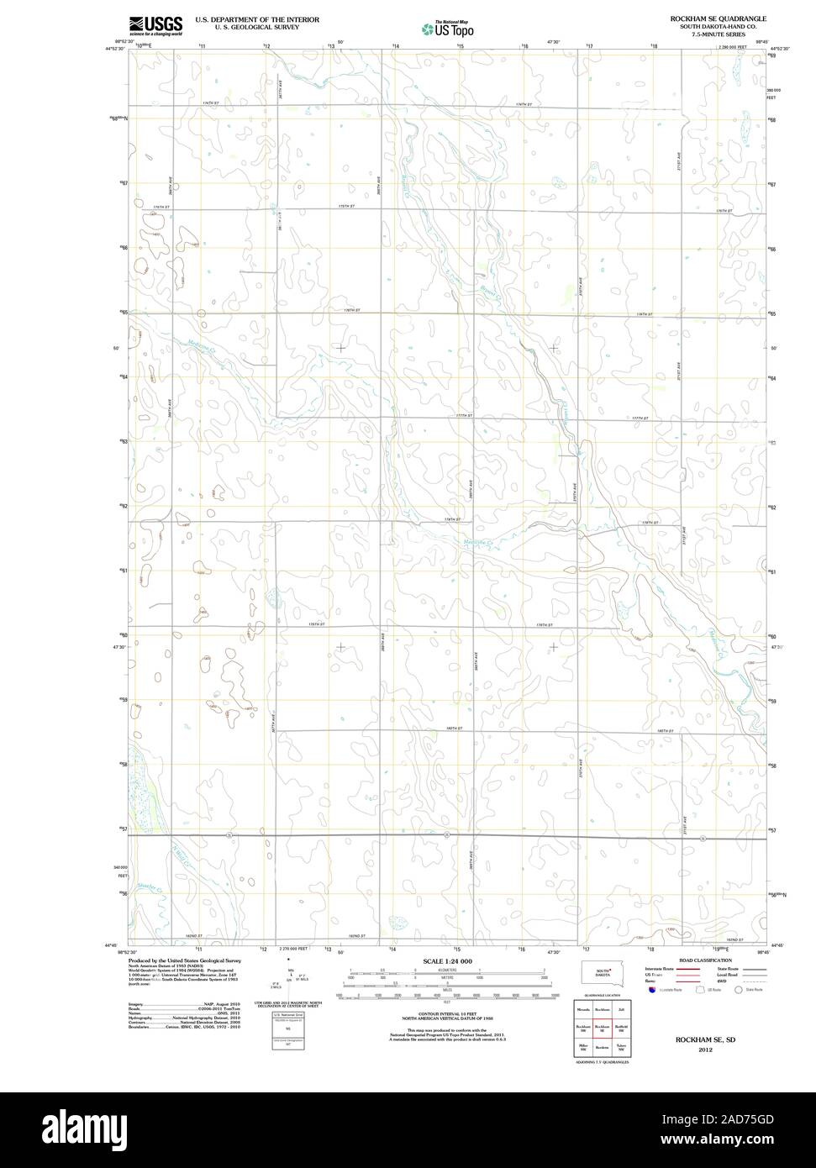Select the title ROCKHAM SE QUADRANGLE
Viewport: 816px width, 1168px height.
coord(718,18)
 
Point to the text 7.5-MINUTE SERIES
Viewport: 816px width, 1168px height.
coord(718,34)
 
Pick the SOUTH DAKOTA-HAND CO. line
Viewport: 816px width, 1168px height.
coord(718,27)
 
